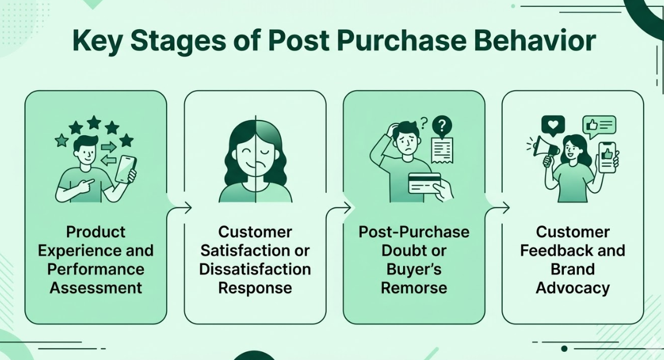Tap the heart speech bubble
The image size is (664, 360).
pyautogui.click(x=553, y=125)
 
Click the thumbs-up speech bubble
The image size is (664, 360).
pyautogui.click(x=599, y=125)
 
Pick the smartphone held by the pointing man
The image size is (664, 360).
pyautogui.click(x=126, y=169)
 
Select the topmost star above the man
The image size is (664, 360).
pyautogui.click(x=93, y=122)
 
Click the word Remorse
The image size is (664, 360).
pyautogui.click(x=414, y=288)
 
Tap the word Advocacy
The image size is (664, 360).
pyautogui.click(x=573, y=288)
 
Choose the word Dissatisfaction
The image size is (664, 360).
pyautogui.click(x=255, y=269)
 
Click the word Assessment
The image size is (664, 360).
pyautogui.click(x=96, y=288)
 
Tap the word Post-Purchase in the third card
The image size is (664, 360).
pyautogui.click(x=414, y=232)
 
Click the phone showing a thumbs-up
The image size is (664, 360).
pyautogui.click(x=607, y=156)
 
